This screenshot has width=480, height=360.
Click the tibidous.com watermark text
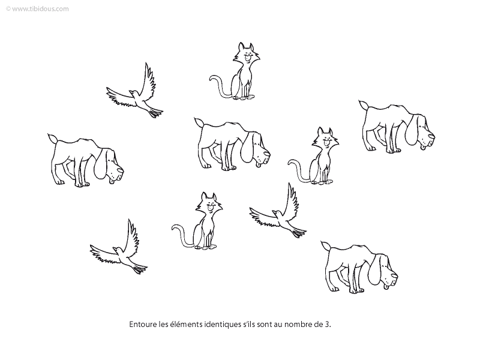point(37,9)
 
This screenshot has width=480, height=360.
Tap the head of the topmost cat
point(247,53)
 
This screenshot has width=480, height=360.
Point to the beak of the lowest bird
point(114,248)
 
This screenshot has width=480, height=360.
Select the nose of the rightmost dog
point(431,137)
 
